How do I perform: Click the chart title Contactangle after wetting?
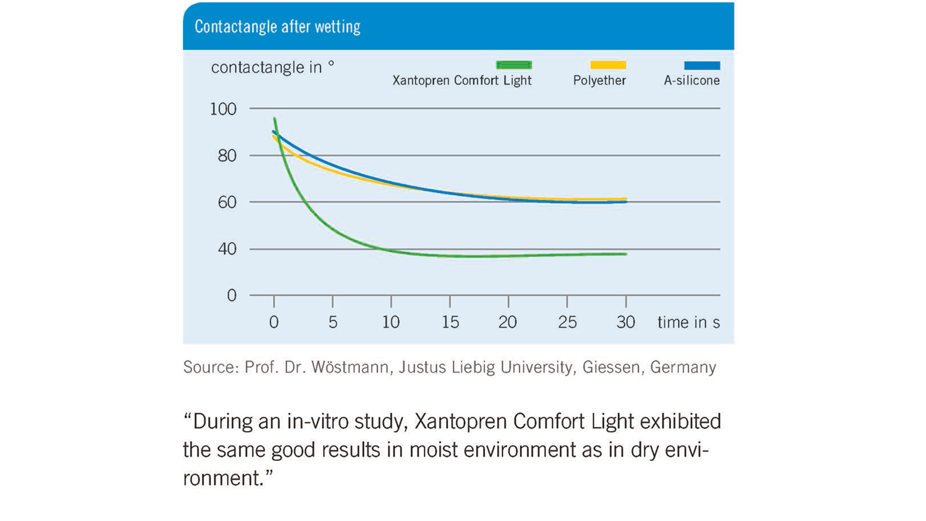click(277, 27)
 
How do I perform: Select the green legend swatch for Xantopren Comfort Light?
click(514, 65)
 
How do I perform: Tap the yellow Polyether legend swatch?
click(608, 65)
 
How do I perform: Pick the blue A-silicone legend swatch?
click(702, 65)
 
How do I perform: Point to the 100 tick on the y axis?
click(223, 109)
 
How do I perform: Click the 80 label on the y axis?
click(227, 156)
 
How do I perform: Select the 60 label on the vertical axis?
click(227, 202)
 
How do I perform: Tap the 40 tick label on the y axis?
click(227, 249)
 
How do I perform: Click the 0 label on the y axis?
click(231, 296)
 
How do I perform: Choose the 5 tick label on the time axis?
click(333, 322)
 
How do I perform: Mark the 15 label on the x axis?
click(450, 322)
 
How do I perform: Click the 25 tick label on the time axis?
click(567, 322)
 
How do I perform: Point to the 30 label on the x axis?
click(626, 322)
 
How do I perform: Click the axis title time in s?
click(688, 322)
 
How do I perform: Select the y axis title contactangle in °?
click(272, 67)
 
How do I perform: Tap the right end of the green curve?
click(625, 254)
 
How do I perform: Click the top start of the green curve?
click(275, 119)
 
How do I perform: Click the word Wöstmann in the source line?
click(350, 368)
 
